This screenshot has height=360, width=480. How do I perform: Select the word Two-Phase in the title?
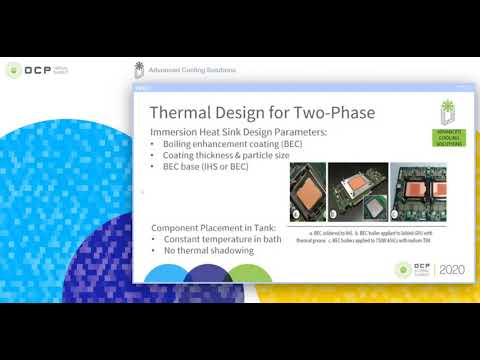pos(334,113)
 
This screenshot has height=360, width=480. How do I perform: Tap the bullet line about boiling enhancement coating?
pos(221,145)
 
